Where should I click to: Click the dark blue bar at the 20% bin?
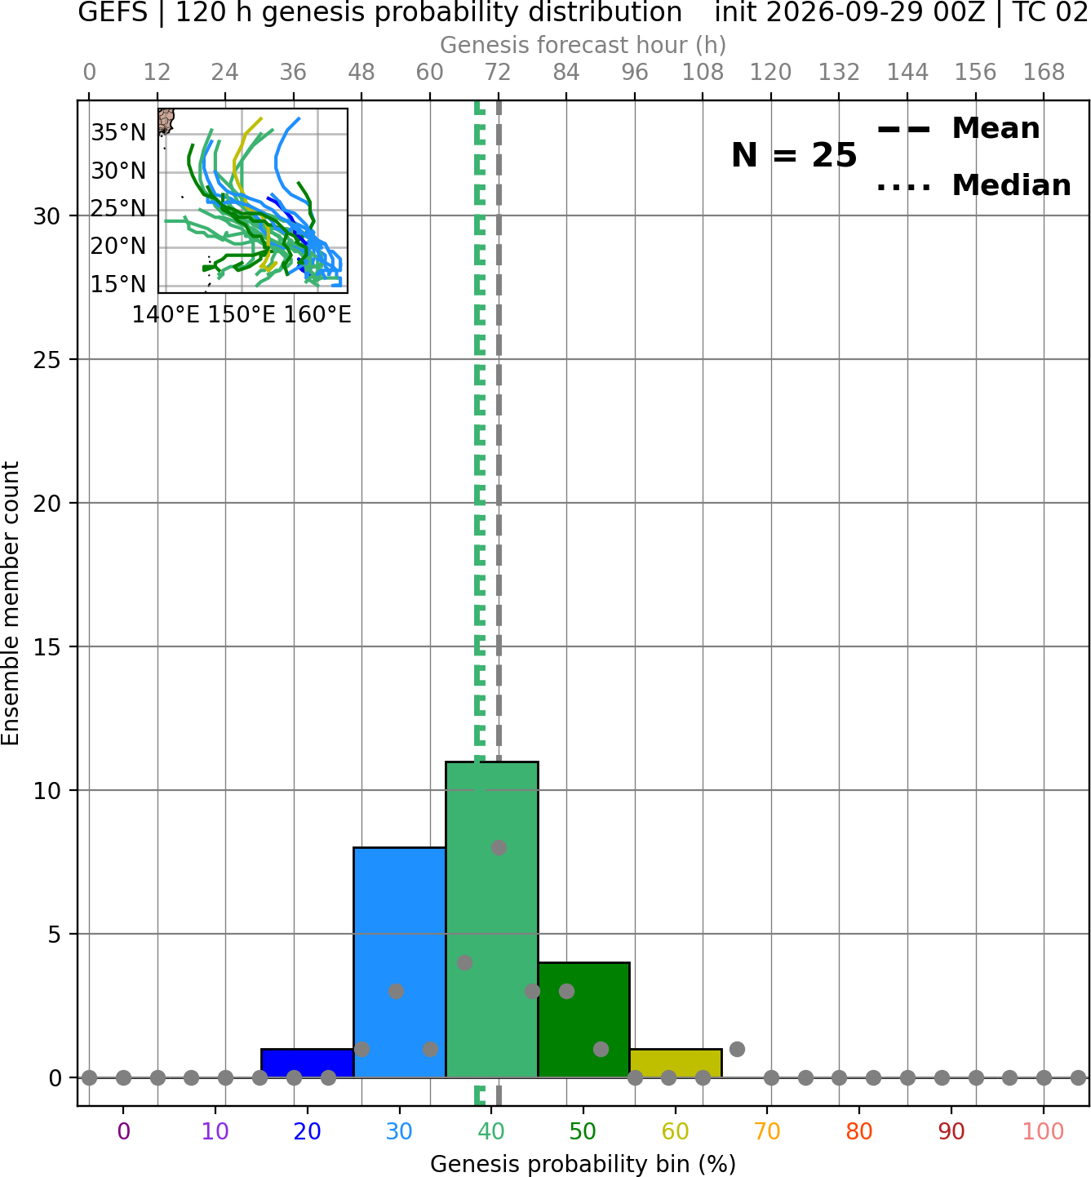click(x=308, y=1063)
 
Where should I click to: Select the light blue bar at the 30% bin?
click(x=399, y=962)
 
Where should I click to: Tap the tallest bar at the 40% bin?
click(x=492, y=919)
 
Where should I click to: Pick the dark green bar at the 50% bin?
click(x=583, y=1020)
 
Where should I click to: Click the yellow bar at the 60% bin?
click(x=676, y=1063)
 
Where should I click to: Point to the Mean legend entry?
click(x=958, y=129)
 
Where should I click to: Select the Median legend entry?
click(x=974, y=185)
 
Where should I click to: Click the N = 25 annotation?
click(x=794, y=155)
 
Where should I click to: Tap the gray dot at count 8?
click(x=499, y=847)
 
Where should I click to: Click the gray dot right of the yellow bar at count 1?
click(x=737, y=1049)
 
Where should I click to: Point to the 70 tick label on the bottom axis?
click(x=767, y=1132)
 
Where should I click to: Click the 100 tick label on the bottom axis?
click(x=1044, y=1132)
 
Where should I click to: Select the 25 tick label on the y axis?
click(x=47, y=360)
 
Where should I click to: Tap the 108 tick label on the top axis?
click(x=703, y=73)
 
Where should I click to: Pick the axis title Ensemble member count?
click(x=11, y=603)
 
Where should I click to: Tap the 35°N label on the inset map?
click(x=118, y=133)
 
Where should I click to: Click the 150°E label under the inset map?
click(x=242, y=315)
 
